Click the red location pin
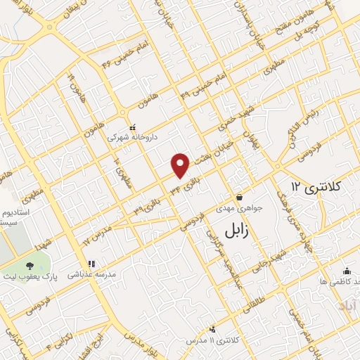(x=181, y=165)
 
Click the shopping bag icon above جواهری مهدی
(x=240, y=197)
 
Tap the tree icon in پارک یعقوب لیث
(x=30, y=266)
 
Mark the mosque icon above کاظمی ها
(x=346, y=271)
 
